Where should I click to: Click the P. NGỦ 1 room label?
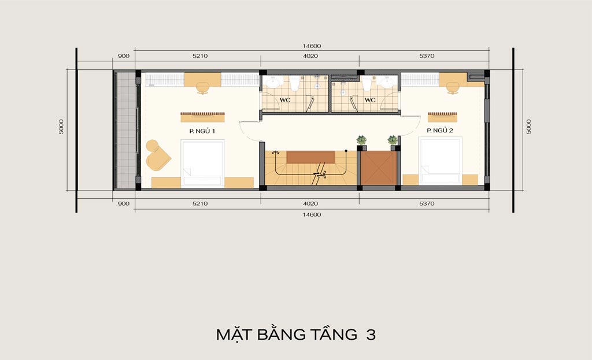[202, 131]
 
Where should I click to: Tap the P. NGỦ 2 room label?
[440, 130]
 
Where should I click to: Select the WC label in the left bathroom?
[285, 100]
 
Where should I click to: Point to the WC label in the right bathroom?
[370, 100]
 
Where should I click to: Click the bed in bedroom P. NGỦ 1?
[203, 164]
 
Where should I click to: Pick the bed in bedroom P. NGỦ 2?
[440, 161]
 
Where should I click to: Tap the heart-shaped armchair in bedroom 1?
[157, 155]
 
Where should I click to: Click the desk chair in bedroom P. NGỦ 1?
[203, 88]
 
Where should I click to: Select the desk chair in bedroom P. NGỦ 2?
[453, 88]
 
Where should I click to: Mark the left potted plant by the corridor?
[361, 140]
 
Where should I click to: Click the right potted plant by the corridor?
[393, 140]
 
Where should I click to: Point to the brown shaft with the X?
[379, 168]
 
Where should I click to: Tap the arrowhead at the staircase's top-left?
[276, 152]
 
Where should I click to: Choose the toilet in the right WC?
[366, 83]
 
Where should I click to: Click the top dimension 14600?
[312, 46]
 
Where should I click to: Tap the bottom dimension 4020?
[310, 203]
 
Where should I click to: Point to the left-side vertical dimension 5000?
[61, 127]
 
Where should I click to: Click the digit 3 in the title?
[371, 335]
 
